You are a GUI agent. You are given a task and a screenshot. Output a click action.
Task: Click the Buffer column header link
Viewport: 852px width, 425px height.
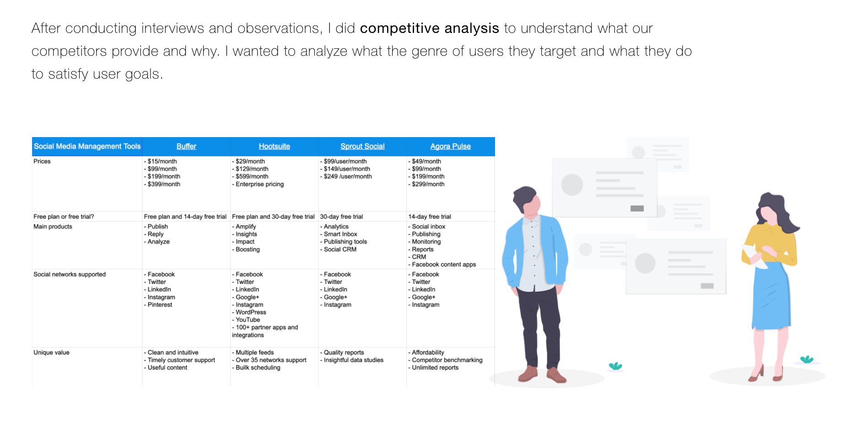[186, 146]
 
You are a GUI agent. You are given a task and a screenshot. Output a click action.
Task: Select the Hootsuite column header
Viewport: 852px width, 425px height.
[274, 146]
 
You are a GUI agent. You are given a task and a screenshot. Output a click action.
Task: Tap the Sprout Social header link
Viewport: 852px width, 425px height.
[362, 146]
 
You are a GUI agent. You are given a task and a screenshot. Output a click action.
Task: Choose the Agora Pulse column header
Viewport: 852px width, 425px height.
[450, 146]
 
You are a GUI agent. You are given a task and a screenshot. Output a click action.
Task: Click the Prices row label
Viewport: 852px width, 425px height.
[42, 161]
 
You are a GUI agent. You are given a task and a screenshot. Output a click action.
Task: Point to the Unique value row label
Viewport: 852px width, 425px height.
[51, 352]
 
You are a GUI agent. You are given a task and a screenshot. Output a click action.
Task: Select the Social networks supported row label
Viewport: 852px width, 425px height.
[70, 274]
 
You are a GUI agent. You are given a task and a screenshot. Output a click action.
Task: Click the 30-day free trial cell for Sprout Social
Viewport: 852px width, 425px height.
[341, 217]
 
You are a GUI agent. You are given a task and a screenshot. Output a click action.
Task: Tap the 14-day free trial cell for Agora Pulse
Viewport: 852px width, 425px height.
[430, 217]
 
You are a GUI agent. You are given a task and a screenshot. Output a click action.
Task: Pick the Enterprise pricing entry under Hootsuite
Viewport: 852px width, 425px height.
[259, 184]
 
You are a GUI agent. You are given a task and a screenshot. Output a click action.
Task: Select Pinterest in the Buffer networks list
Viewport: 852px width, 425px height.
[160, 305]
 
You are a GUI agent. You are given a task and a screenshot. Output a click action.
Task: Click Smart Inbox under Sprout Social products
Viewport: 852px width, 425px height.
[340, 234]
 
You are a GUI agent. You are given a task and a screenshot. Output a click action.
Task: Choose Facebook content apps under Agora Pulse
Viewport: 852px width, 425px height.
[444, 265]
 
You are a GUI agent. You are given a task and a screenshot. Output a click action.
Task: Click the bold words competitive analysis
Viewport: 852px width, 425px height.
[429, 28]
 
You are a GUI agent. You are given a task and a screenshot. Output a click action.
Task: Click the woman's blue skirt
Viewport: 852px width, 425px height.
[771, 297]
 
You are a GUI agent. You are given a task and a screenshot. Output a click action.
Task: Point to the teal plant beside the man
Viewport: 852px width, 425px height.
[615, 366]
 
